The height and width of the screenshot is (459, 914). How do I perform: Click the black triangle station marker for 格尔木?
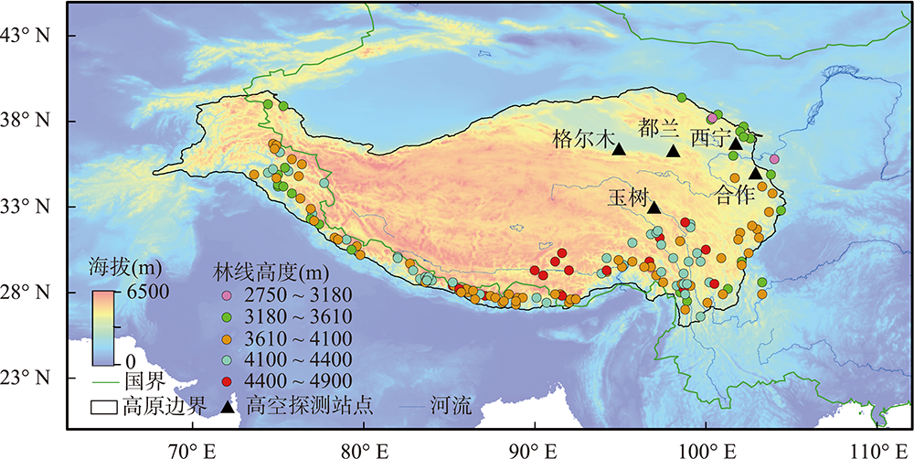pyautogui.click(x=618, y=149)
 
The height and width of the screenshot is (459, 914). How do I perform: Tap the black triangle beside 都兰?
pyautogui.click(x=673, y=151)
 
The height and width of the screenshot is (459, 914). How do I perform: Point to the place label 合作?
pyautogui.click(x=738, y=195)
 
